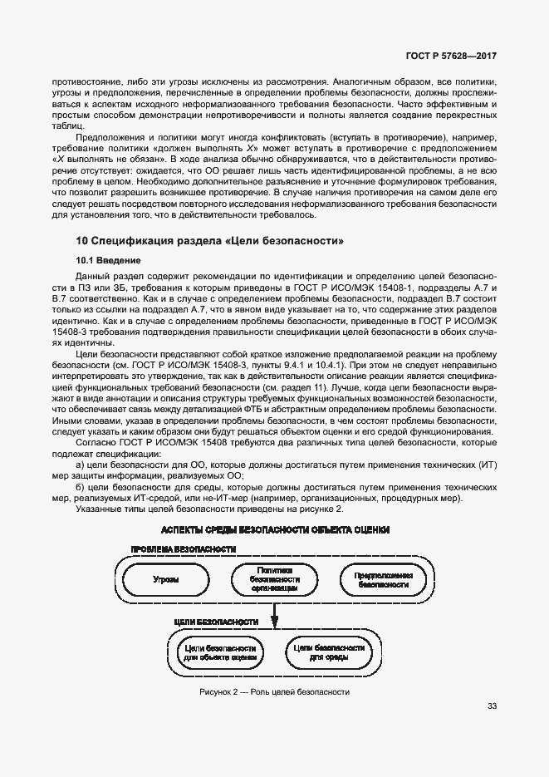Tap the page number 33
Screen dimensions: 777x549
[x=492, y=707]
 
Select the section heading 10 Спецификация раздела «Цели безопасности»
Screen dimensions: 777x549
[x=209, y=241]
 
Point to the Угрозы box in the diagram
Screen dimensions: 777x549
[x=166, y=578]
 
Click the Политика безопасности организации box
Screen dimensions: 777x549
[x=275, y=578]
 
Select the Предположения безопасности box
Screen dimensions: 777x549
[x=383, y=578]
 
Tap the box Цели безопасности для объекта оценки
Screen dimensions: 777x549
[x=220, y=651]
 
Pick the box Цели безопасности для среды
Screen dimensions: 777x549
[x=329, y=651]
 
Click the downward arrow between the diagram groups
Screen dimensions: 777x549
[x=275, y=617]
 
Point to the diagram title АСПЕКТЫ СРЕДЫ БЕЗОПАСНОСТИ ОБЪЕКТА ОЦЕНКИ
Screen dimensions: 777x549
[x=275, y=529]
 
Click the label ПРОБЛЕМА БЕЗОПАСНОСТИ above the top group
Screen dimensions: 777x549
[x=183, y=549]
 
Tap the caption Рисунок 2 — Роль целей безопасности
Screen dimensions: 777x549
[x=274, y=691]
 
